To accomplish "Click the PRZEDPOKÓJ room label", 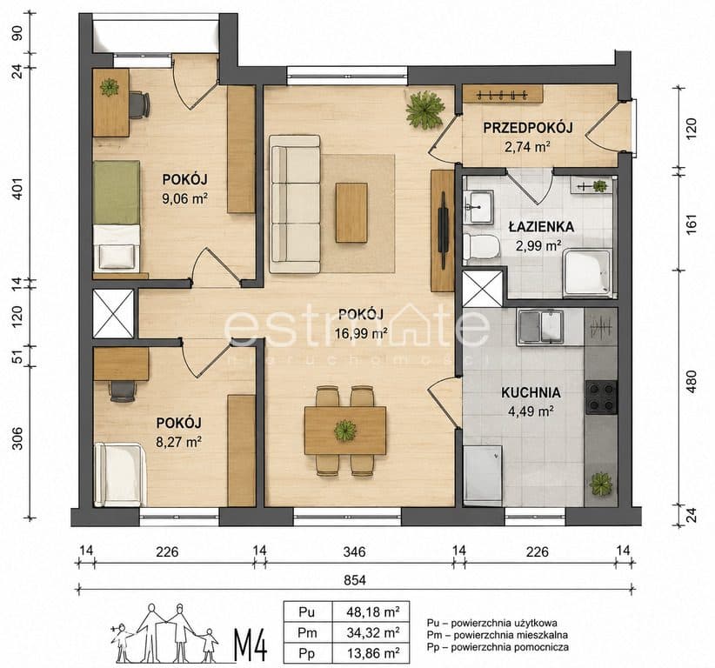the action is tap(528, 128).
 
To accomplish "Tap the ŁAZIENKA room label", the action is tap(541, 227).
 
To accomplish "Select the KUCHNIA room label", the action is tap(531, 392).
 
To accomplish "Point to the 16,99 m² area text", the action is tap(361, 333).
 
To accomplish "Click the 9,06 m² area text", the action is tap(185, 198).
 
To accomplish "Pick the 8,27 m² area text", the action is tap(179, 442).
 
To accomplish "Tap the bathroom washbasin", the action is tap(478, 208).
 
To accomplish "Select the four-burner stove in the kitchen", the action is tap(601, 397).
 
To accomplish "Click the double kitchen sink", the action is tap(540, 327).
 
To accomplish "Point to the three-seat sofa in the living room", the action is tap(295, 204).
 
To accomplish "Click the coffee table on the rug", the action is tap(351, 212).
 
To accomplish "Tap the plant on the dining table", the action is tap(345, 431).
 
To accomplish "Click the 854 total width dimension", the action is tap(355, 580).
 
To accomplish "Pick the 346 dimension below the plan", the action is tap(354, 551).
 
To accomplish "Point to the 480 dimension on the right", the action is tap(692, 382).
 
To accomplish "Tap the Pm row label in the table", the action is tap(307, 633).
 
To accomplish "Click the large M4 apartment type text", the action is tap(251, 645).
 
